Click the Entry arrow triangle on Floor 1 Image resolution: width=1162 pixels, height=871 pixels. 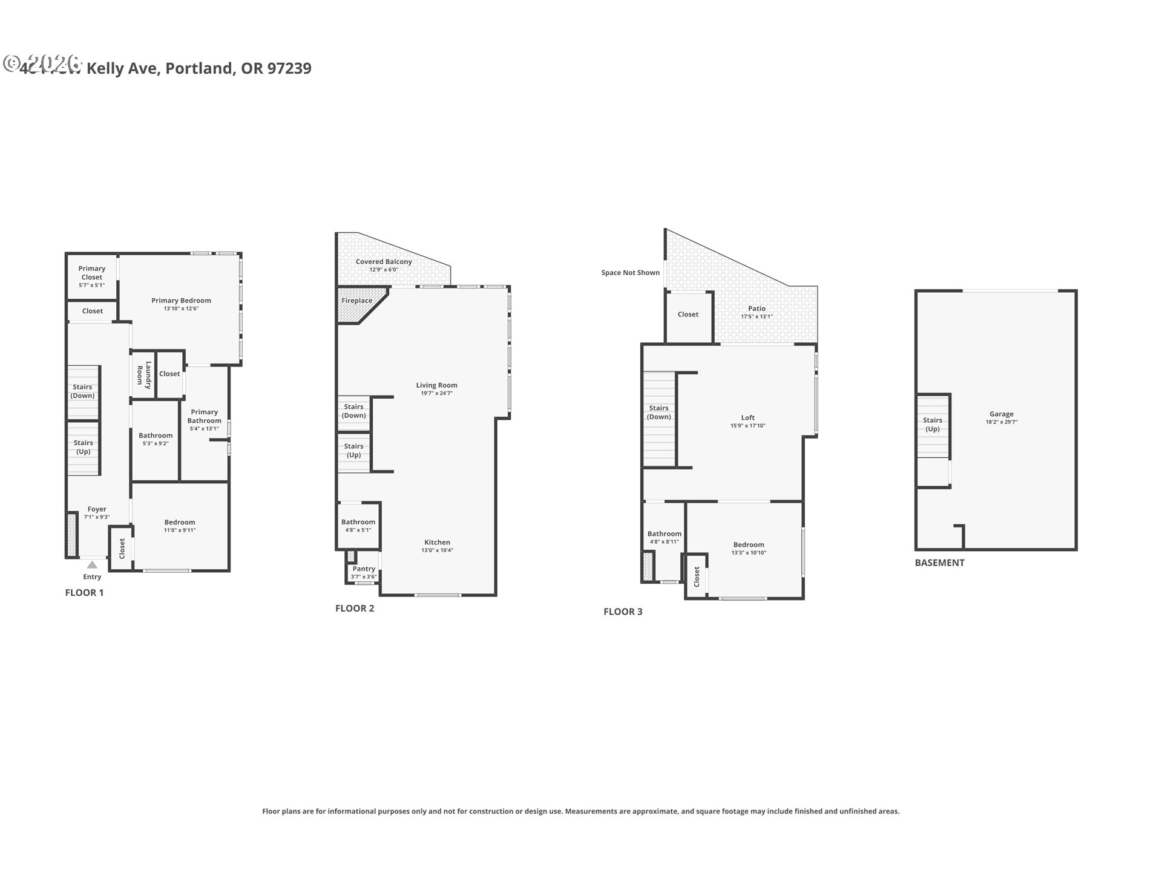tap(92, 565)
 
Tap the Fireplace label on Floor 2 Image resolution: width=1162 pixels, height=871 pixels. tap(356, 301)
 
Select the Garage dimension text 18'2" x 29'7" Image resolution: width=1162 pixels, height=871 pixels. tap(1001, 422)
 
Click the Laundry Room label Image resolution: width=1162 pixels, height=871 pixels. tap(144, 373)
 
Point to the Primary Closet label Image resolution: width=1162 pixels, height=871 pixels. tap(92, 273)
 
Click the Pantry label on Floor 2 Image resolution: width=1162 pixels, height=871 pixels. tap(364, 569)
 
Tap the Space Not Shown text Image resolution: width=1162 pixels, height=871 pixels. tap(630, 273)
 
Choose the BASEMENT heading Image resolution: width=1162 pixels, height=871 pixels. tap(939, 563)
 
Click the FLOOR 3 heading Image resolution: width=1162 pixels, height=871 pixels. tap(623, 612)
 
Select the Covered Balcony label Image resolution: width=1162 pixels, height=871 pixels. tap(384, 262)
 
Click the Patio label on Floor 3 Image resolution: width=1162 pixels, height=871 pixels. tap(757, 308)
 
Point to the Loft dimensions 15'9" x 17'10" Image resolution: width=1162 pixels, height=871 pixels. tap(748, 426)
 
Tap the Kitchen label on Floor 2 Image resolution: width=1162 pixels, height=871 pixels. tap(437, 543)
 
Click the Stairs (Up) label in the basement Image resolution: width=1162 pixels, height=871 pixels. tap(932, 425)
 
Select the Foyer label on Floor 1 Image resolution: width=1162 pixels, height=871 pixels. tap(97, 509)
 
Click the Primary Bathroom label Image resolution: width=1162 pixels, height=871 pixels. tap(204, 416)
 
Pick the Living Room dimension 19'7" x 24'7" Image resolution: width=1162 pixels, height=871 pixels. tap(436, 393)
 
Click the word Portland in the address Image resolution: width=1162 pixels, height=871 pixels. tap(199, 68)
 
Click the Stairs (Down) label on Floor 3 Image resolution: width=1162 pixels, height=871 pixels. tap(658, 413)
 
